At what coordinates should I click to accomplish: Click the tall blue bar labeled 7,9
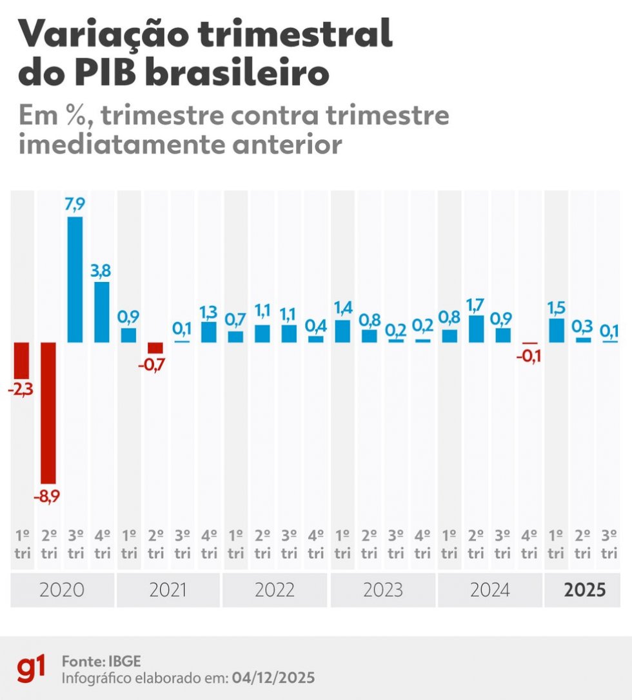(75, 279)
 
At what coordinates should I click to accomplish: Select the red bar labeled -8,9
(48, 413)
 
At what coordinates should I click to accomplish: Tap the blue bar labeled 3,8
(102, 312)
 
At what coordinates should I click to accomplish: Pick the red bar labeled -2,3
(22, 361)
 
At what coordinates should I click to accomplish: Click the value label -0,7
(152, 365)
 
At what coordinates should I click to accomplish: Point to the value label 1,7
(476, 305)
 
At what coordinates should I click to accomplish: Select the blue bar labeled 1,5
(556, 330)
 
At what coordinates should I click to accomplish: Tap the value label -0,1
(529, 356)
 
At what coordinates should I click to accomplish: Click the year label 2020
(62, 590)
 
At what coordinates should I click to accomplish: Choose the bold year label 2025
(585, 590)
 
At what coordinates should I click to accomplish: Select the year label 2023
(383, 590)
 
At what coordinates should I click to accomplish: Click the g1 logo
(31, 668)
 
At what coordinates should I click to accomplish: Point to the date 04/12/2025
(273, 677)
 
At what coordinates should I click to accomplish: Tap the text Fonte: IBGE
(101, 661)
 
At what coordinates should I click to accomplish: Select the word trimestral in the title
(295, 34)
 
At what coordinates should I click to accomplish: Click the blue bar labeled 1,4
(342, 331)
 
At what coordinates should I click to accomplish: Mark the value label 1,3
(208, 312)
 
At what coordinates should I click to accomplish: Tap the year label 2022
(275, 590)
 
